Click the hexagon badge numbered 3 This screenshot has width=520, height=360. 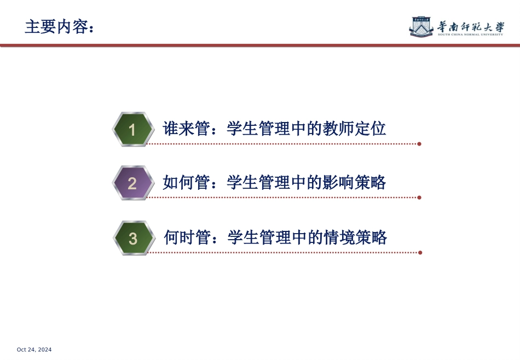coord(133,239)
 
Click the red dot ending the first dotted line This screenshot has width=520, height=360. coord(419,144)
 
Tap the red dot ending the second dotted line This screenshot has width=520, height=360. coord(419,198)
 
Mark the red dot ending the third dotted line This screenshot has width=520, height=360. coord(420,253)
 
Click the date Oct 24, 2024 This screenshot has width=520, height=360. coord(34,350)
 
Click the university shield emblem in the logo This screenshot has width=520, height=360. coord(422,26)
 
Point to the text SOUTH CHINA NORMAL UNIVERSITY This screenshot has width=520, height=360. coord(471,34)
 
